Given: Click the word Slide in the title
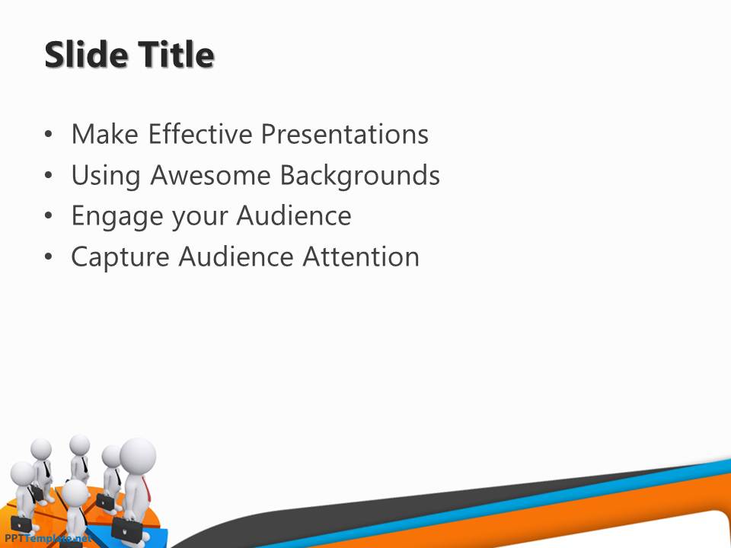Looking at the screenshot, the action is click(87, 55).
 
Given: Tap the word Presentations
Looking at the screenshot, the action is click(344, 134).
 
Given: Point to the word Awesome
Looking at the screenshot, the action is click(211, 175).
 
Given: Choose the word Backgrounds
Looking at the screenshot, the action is click(360, 176).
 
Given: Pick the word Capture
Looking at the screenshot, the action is click(120, 258).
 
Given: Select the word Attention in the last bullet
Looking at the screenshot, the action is click(361, 256).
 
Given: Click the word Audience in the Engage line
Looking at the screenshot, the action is click(294, 215).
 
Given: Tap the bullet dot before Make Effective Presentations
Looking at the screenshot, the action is click(49, 135).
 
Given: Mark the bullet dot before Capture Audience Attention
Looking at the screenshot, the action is click(49, 257).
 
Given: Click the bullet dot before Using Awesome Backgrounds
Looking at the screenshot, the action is click(49, 176).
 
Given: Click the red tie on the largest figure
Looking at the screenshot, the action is click(146, 489).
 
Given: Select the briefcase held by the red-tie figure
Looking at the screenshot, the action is click(127, 530).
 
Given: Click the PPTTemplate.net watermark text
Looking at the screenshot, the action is click(46, 538).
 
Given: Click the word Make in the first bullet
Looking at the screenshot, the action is click(105, 134).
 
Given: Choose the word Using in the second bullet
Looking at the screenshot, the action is click(106, 177).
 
